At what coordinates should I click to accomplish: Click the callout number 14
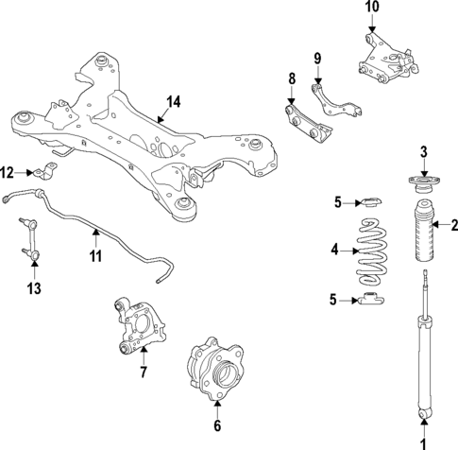(x=172, y=102)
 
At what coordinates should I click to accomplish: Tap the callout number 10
(x=372, y=8)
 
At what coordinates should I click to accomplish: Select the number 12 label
(x=8, y=172)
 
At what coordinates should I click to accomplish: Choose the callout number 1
(x=423, y=441)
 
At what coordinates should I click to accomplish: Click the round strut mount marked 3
(x=423, y=182)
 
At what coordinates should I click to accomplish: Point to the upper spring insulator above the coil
(x=371, y=201)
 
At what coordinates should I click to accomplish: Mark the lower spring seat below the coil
(x=371, y=302)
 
